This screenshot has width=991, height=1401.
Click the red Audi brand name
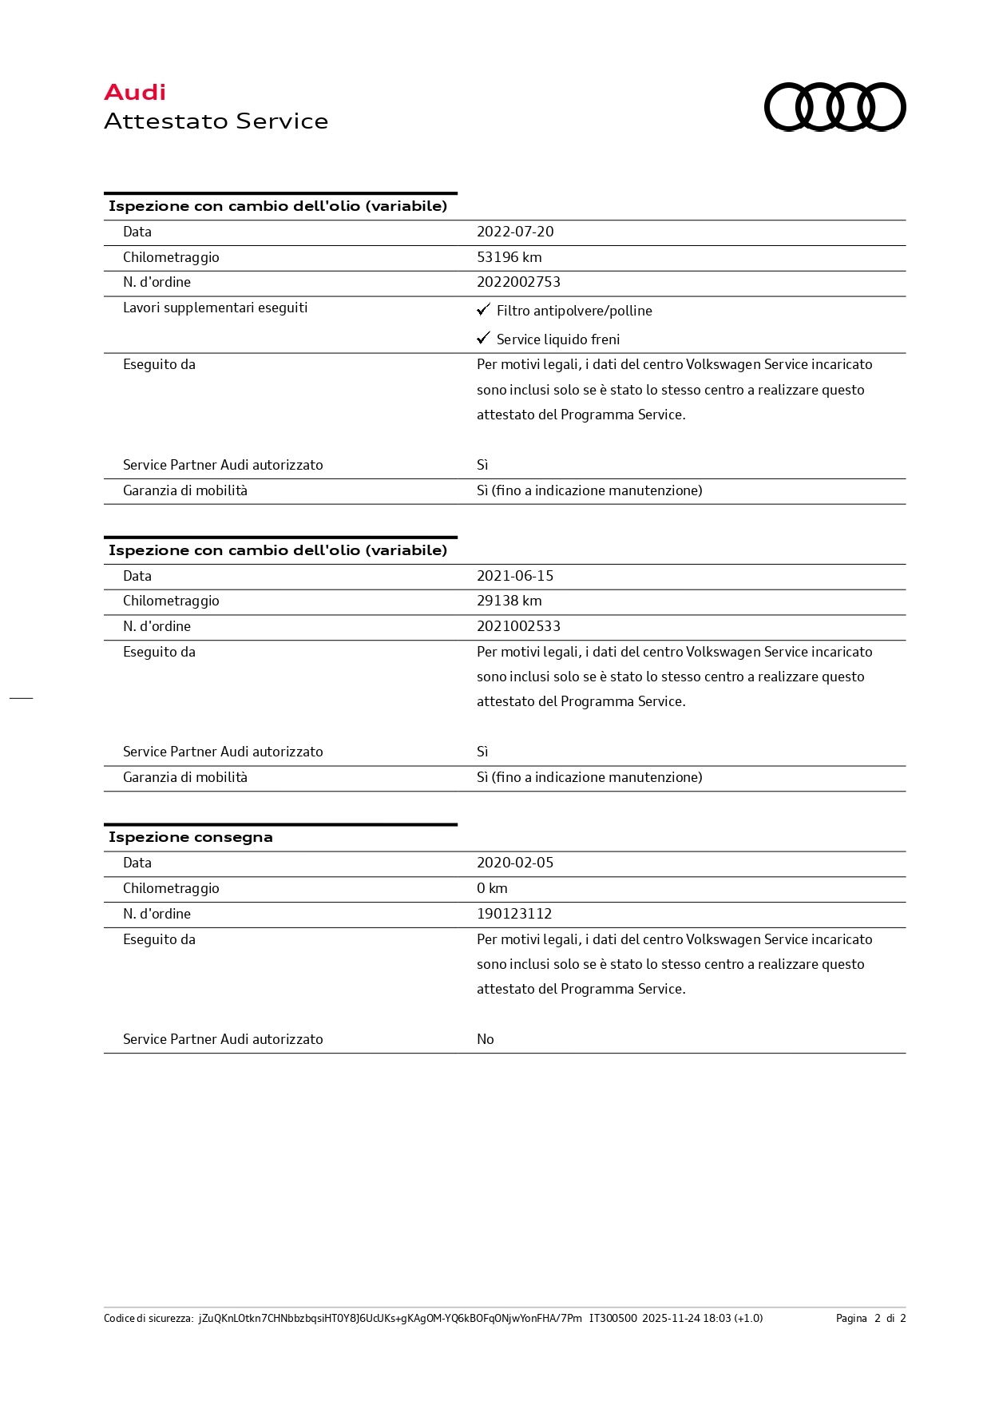[x=135, y=93]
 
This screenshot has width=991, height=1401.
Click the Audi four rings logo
[x=834, y=107]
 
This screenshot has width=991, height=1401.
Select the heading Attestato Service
[x=216, y=121]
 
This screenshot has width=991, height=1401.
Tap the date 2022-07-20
[x=515, y=232]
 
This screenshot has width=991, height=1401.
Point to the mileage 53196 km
[x=509, y=257]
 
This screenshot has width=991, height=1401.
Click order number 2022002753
[x=518, y=282]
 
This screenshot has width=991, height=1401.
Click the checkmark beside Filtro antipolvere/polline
[x=483, y=309]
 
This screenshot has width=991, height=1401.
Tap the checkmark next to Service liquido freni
[x=483, y=338]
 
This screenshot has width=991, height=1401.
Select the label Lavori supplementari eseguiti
[x=215, y=308]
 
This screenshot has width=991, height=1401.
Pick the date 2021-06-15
[x=515, y=576]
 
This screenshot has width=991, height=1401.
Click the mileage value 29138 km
[x=509, y=601]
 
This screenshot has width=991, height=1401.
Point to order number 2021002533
[x=518, y=626]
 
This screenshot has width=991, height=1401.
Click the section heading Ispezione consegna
[x=190, y=837]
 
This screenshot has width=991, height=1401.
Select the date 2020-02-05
[x=515, y=863]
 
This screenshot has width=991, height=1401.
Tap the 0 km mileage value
[x=492, y=888]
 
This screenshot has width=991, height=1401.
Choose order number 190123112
[x=514, y=914]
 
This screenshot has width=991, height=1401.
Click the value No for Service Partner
[x=486, y=1039]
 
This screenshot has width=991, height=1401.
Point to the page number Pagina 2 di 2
[x=870, y=1319]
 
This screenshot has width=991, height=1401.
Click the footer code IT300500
[x=612, y=1319]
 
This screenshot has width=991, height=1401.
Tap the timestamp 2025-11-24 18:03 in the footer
[x=687, y=1319]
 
